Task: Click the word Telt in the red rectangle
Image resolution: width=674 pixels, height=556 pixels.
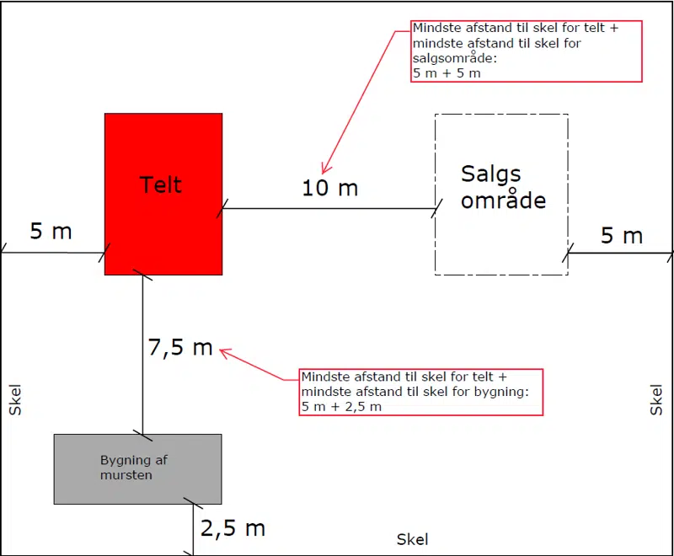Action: [x=161, y=184]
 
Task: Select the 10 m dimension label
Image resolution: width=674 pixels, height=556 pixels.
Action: [x=330, y=188]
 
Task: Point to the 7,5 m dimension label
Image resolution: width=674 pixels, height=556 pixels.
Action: [x=180, y=347]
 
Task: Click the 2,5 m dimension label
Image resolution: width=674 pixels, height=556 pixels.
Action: [x=233, y=528]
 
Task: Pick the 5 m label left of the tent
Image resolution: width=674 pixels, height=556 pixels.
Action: [x=51, y=231]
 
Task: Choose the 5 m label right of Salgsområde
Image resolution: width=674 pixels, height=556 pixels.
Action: [x=622, y=236]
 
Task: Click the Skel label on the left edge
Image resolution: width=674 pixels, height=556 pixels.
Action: [x=14, y=399]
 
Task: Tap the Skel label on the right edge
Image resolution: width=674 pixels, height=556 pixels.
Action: [x=657, y=399]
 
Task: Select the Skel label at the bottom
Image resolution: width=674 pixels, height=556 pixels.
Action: [x=413, y=539]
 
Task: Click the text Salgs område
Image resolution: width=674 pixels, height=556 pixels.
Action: [x=503, y=187]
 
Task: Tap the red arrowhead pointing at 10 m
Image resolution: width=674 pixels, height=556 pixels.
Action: [x=324, y=168]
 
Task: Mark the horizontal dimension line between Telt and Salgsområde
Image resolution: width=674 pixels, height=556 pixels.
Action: [x=329, y=208]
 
